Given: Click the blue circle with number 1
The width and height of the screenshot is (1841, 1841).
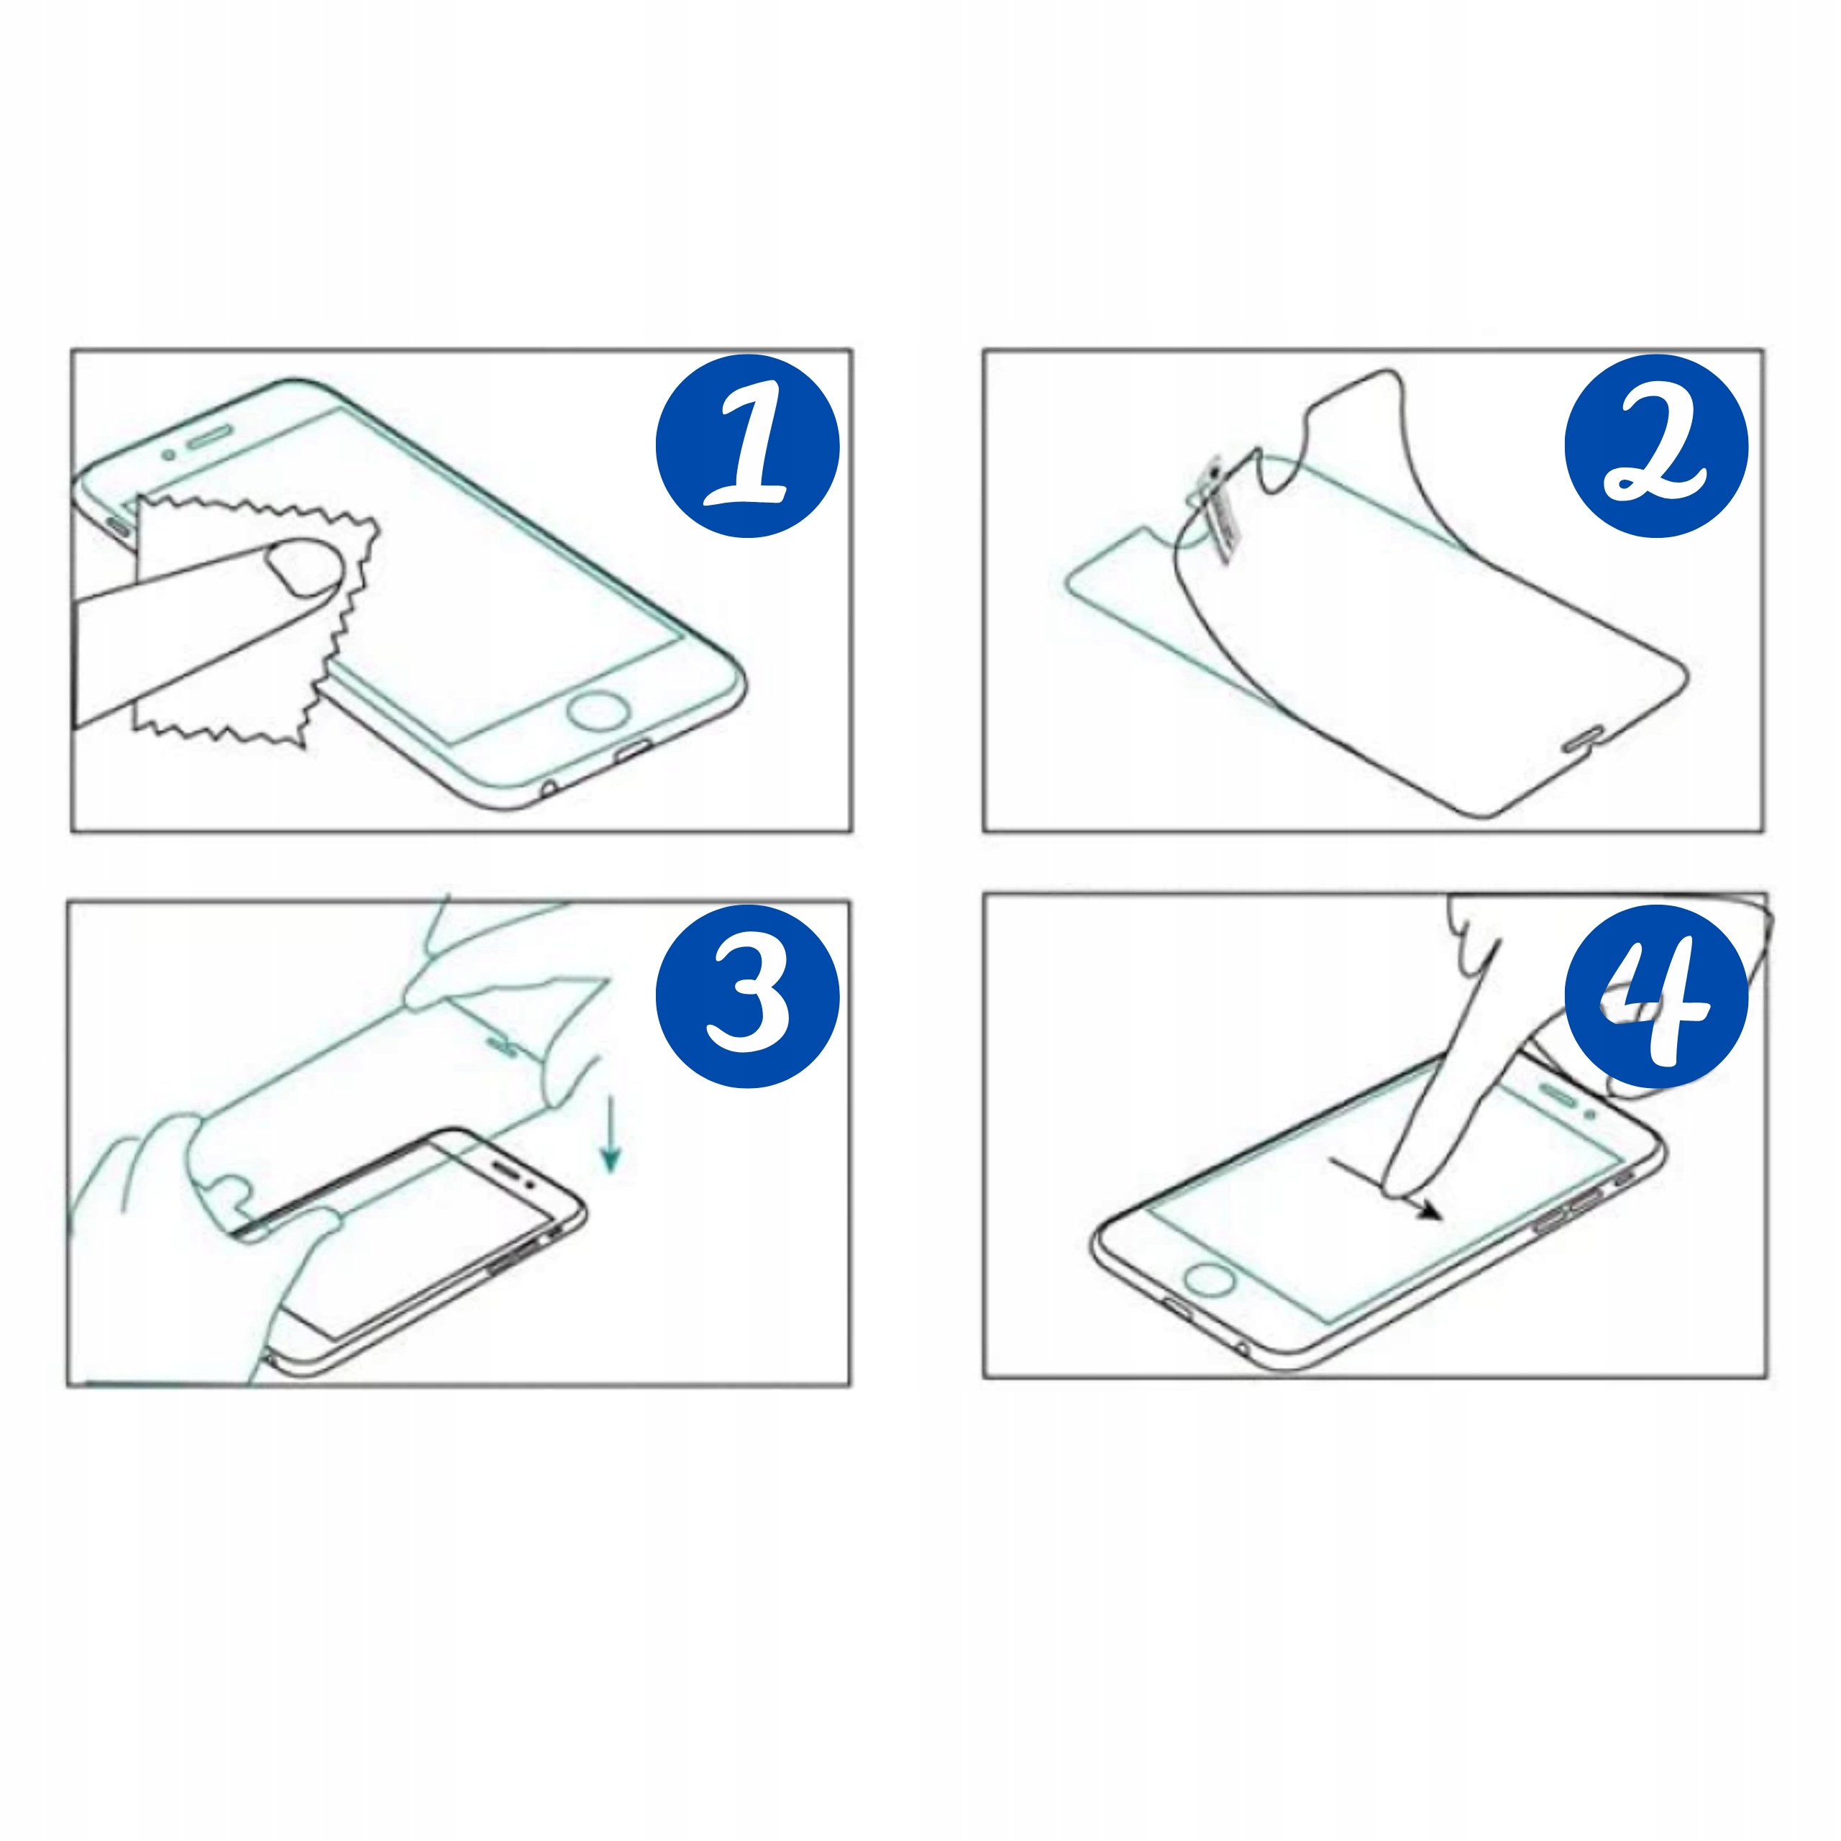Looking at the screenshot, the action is coord(747,446).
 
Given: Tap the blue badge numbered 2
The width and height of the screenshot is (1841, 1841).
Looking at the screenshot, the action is coord(1656,446).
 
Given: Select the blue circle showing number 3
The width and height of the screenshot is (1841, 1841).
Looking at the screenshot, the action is coord(747,997).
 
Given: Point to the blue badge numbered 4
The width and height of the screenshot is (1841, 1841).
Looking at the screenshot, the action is coord(1656,997).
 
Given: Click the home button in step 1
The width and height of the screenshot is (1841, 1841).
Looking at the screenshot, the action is coord(598,712).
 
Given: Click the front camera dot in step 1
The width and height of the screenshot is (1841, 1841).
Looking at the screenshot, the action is coord(169,454).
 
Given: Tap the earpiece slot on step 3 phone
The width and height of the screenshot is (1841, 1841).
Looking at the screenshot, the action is coord(506,1169).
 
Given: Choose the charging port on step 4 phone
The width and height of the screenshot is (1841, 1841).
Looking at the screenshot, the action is coord(1179,1307).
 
